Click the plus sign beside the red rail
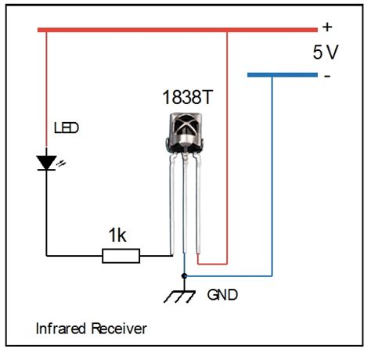[327, 27]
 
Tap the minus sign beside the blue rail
[326, 76]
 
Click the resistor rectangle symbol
[121, 255]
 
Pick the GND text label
[223, 296]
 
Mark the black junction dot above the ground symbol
[184, 276]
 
